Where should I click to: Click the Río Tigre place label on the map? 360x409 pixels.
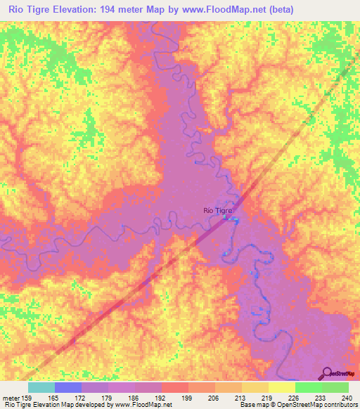coord(217,209)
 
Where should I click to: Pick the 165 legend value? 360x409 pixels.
coord(55,397)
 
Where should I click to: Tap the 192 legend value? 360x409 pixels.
coord(162,397)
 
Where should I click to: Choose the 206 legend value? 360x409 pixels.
coord(215,397)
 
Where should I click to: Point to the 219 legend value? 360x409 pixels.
coord(269,397)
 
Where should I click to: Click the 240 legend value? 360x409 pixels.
coord(349,397)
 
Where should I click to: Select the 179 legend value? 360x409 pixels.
coord(108,397)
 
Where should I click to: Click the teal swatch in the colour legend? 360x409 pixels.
coord(41,387)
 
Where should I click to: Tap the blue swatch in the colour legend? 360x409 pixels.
coord(68,387)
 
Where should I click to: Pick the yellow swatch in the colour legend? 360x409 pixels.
coord(282,387)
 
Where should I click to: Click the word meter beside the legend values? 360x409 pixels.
coord(10,397)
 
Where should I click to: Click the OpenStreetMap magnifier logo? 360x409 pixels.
coord(328,373)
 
